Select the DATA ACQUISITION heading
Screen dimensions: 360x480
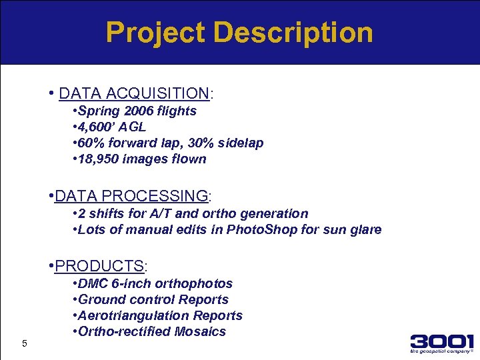(x=134, y=92)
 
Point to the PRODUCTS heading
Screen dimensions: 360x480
(x=99, y=266)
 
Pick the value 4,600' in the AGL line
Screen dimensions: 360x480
(x=97, y=127)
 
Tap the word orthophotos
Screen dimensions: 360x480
(x=196, y=283)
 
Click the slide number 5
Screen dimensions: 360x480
(x=24, y=343)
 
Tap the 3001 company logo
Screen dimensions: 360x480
(x=442, y=341)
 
